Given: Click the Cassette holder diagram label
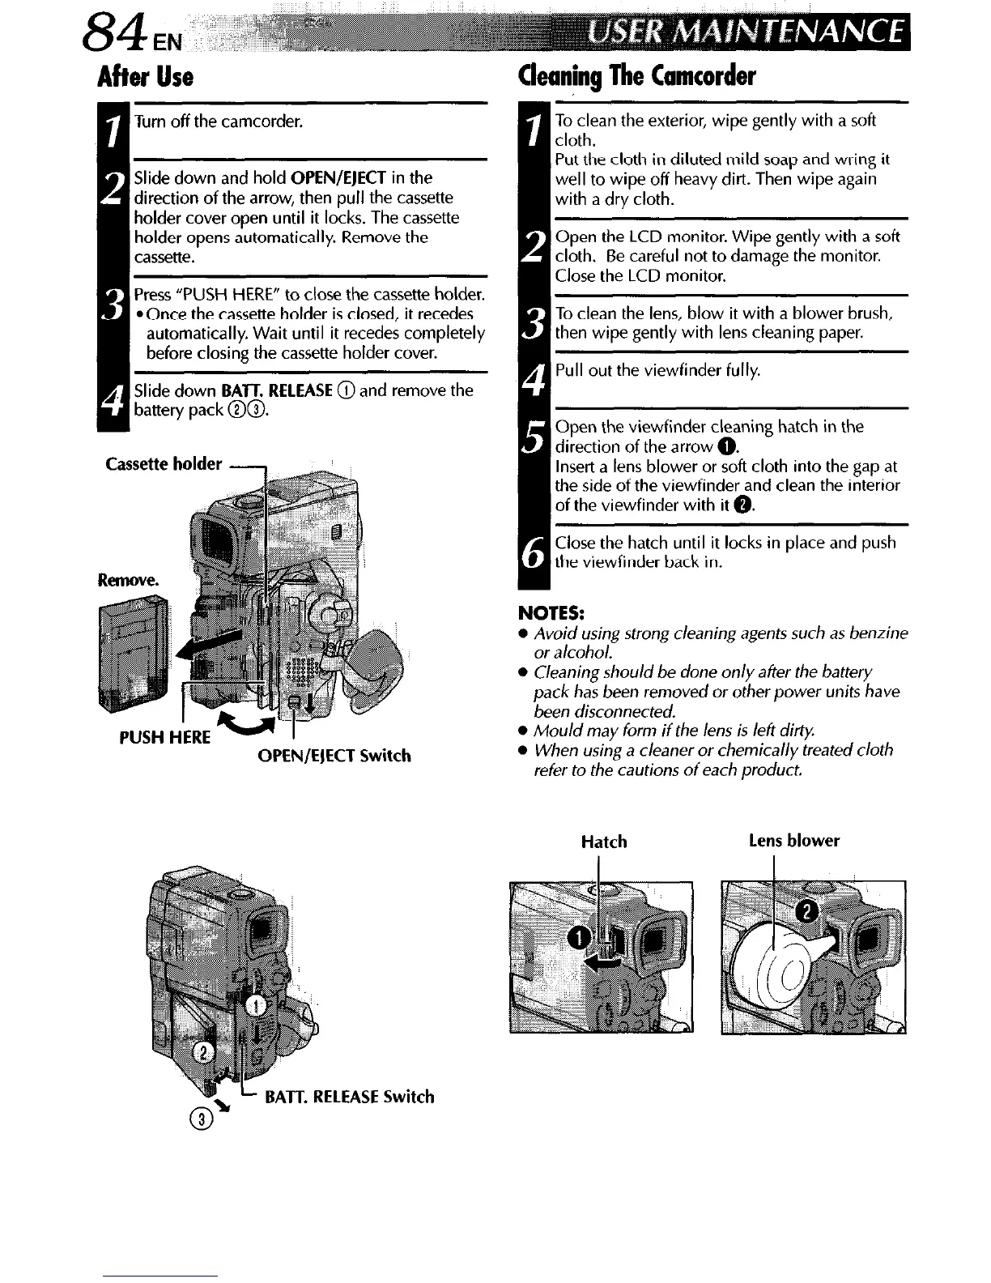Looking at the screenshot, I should point(164,464).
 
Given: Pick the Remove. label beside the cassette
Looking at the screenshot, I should point(129,581).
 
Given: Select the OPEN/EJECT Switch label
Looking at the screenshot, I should point(334,756).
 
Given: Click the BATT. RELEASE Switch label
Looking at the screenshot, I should point(350,1097).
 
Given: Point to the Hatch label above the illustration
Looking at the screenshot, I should point(604,842).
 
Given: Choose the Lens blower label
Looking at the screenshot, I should point(793,841).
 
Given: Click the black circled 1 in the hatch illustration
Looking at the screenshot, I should point(580,938).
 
